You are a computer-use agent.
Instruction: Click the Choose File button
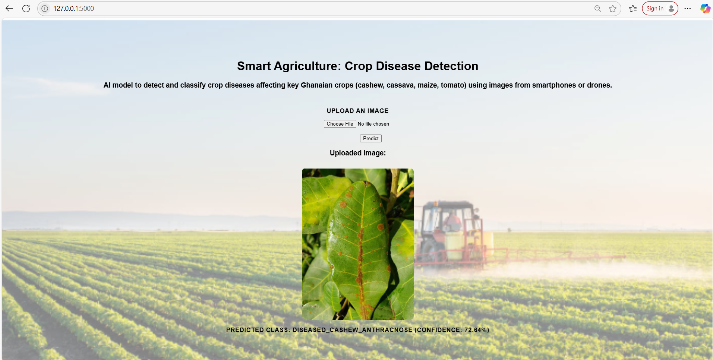(340, 124)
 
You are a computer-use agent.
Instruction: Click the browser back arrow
(9, 9)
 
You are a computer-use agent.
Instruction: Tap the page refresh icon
(26, 9)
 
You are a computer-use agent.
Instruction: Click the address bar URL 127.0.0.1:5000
(73, 9)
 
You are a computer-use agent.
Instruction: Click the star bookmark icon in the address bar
(613, 9)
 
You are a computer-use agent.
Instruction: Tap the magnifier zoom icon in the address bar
(597, 9)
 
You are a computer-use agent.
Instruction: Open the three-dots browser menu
(688, 9)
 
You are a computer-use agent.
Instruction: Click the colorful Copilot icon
(705, 9)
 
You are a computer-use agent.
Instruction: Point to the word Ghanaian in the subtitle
(316, 85)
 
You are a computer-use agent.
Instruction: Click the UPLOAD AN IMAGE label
(357, 111)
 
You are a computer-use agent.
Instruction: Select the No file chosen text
(373, 124)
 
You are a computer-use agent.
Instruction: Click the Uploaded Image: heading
(357, 153)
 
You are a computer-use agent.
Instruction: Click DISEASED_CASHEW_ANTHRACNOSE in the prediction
(352, 330)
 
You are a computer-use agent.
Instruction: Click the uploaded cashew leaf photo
(357, 244)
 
